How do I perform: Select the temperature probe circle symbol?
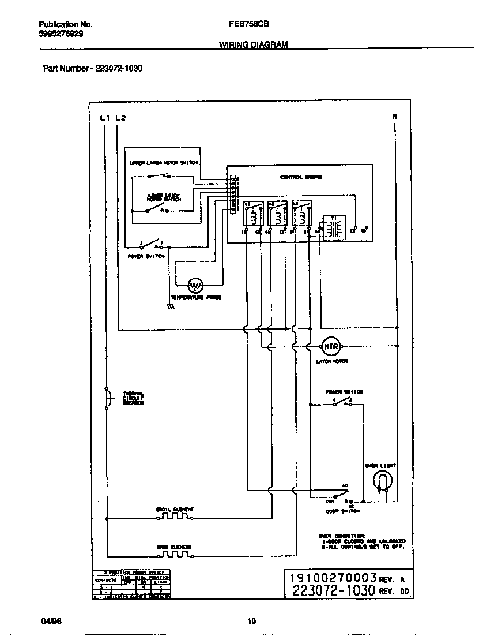(197, 285)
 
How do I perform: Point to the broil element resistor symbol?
(173, 517)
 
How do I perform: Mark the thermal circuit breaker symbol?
(107, 398)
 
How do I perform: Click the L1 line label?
(104, 118)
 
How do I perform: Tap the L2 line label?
(120, 118)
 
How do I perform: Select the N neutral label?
(395, 117)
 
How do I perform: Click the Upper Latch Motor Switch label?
(164, 163)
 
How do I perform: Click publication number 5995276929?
(61, 34)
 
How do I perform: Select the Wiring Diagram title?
(253, 44)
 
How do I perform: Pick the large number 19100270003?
(333, 578)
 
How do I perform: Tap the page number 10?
(251, 621)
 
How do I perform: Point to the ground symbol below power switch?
(171, 307)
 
